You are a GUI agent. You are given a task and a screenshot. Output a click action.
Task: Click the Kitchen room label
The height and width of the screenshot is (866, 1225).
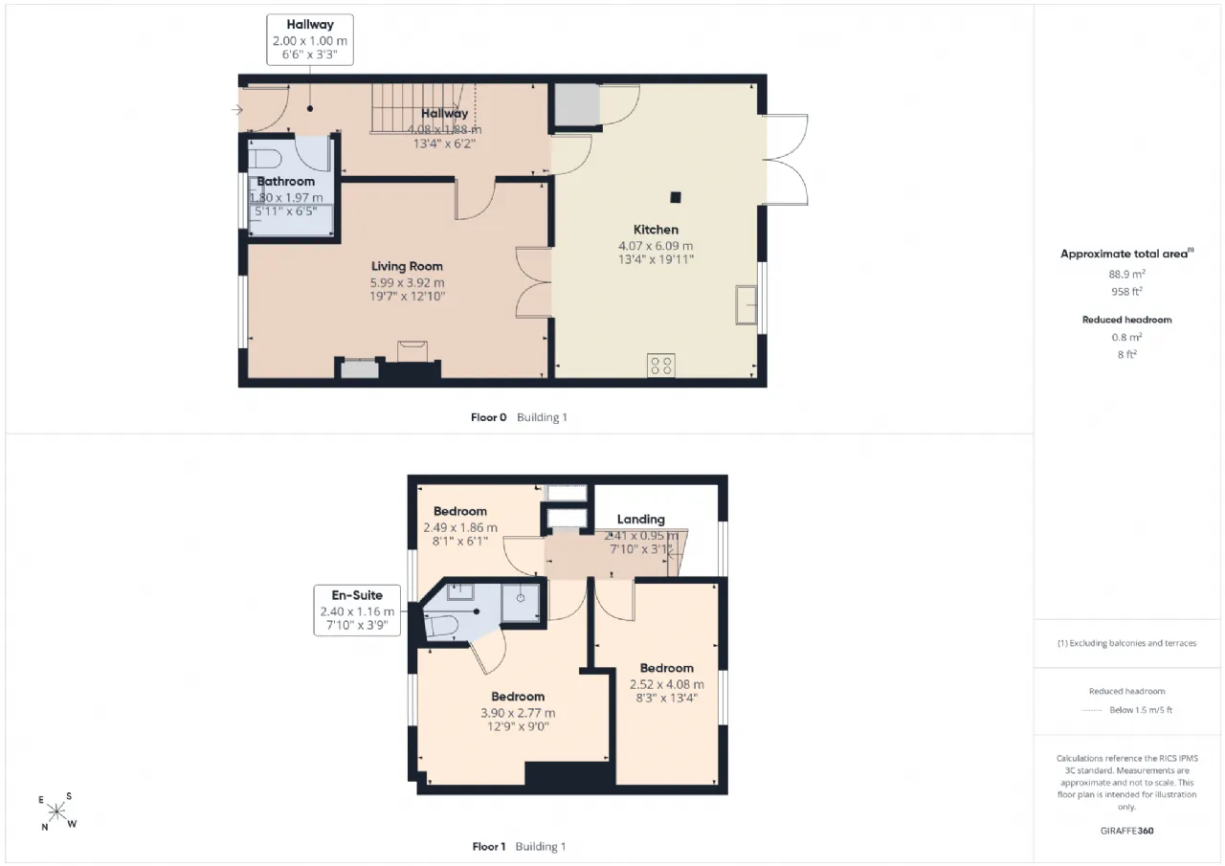656,230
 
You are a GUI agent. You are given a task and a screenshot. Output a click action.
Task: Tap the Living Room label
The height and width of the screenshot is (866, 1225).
407,266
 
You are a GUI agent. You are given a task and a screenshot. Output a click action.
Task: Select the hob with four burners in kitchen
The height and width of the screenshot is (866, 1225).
660,366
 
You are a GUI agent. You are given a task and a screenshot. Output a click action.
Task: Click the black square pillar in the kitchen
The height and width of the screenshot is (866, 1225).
676,197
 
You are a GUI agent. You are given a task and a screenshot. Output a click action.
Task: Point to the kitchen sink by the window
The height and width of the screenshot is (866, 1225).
746,304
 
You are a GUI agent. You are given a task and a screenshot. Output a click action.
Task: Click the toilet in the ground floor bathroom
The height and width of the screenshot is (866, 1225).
265,159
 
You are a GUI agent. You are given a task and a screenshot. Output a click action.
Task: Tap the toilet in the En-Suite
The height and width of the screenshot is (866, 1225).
440,627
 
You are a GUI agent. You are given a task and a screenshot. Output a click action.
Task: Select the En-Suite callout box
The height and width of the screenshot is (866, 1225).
357,611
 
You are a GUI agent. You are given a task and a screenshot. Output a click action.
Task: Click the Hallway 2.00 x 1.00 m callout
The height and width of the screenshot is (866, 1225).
310,40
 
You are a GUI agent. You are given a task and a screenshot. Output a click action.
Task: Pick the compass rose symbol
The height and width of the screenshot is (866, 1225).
56,811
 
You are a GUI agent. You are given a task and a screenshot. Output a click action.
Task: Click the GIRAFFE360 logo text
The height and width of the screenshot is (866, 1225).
1127,831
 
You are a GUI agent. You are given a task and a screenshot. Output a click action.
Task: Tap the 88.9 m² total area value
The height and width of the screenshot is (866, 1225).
1126,274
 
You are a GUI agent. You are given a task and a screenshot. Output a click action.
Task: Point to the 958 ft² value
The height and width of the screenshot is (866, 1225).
1126,292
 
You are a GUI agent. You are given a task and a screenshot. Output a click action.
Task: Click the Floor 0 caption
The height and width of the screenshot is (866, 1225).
488,417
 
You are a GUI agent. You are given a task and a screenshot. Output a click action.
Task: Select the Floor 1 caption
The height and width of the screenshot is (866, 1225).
488,846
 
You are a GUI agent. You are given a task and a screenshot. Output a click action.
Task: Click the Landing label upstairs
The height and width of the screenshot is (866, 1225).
641,520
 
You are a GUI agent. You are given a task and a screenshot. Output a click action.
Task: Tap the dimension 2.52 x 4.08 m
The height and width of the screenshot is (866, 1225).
667,684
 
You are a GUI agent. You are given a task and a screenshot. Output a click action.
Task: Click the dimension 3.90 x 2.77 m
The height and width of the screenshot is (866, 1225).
518,713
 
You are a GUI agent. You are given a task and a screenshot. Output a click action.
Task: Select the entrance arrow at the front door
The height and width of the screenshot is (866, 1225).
236,109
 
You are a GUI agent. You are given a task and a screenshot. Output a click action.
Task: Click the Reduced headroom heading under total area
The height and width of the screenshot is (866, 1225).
1126,320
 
